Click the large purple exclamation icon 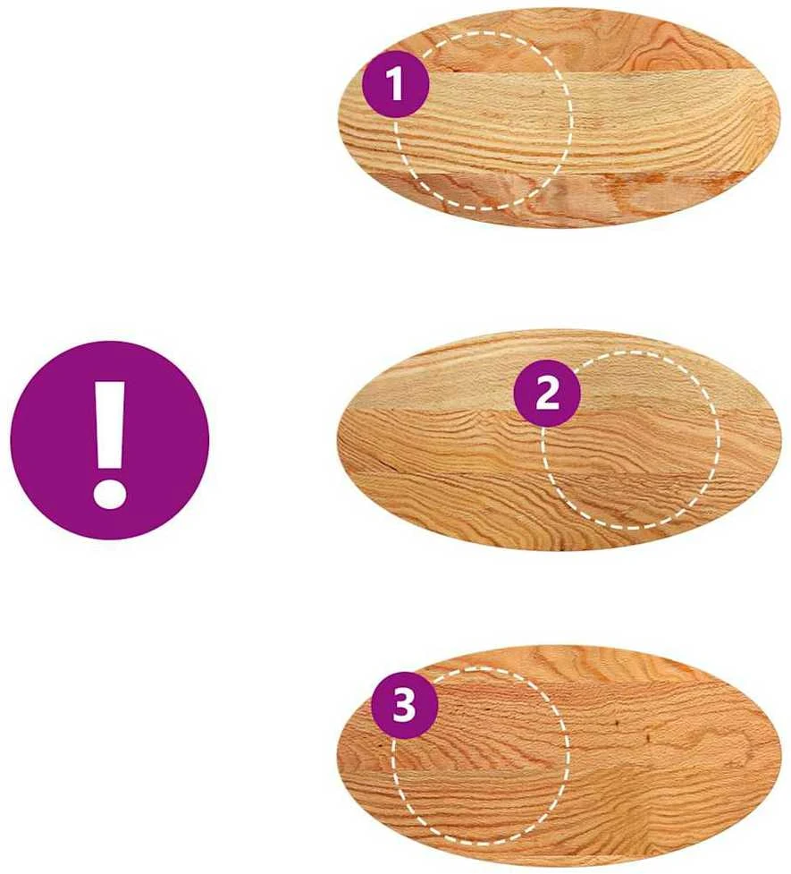[110, 440]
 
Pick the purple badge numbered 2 [547, 395]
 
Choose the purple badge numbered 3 [404, 705]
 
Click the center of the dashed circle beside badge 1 [484, 121]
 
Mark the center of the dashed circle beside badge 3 [480, 755]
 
